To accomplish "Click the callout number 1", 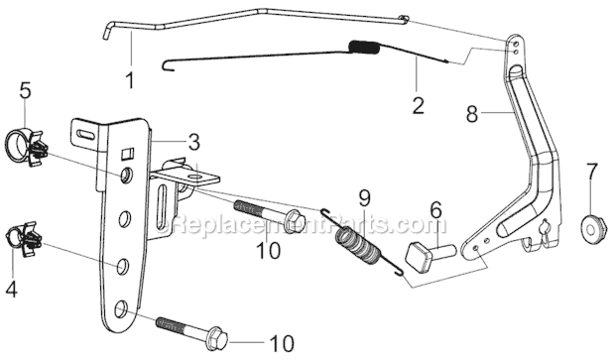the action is click(130, 79).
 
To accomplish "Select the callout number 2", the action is click(419, 105).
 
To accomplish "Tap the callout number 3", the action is click(194, 143).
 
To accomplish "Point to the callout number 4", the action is click(11, 289).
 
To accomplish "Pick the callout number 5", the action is click(25, 90).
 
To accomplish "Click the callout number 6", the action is click(435, 210).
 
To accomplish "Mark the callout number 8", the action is click(472, 114).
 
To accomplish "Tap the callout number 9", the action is click(364, 198).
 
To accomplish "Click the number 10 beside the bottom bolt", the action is click(282, 344).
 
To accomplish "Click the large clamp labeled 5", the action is click(27, 147).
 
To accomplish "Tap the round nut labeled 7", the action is click(594, 228).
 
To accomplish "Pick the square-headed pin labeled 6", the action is click(429, 256).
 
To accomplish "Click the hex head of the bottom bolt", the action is click(217, 338).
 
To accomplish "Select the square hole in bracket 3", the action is click(128, 153).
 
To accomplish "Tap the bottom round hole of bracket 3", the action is click(121, 308).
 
